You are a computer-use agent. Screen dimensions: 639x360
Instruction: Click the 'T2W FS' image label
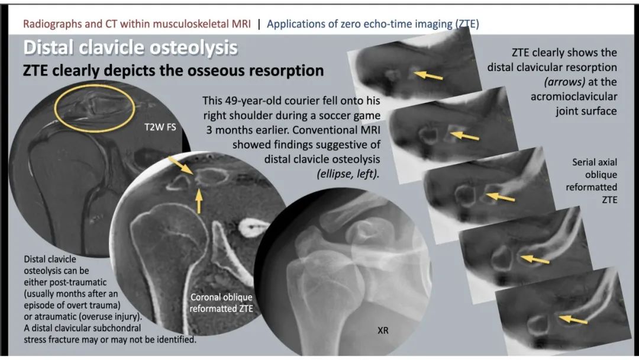click(x=160, y=127)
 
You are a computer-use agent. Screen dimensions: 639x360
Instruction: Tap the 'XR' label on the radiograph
click(x=383, y=330)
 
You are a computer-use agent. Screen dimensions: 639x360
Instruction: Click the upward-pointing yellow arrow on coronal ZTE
click(x=199, y=201)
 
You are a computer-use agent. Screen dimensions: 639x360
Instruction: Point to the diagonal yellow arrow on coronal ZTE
click(x=181, y=166)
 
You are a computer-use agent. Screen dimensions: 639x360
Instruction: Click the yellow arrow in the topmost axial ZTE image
click(x=428, y=75)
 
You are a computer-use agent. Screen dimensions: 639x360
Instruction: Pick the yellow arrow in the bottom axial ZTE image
click(x=573, y=320)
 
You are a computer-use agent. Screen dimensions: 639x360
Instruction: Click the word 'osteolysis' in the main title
click(x=194, y=48)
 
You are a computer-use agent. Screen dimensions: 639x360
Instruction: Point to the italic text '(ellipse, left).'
click(x=348, y=174)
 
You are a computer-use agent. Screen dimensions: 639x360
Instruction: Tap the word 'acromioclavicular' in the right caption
click(x=573, y=97)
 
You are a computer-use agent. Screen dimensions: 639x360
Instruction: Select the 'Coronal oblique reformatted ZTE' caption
click(x=221, y=303)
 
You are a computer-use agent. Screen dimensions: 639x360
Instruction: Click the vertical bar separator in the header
click(x=259, y=24)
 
